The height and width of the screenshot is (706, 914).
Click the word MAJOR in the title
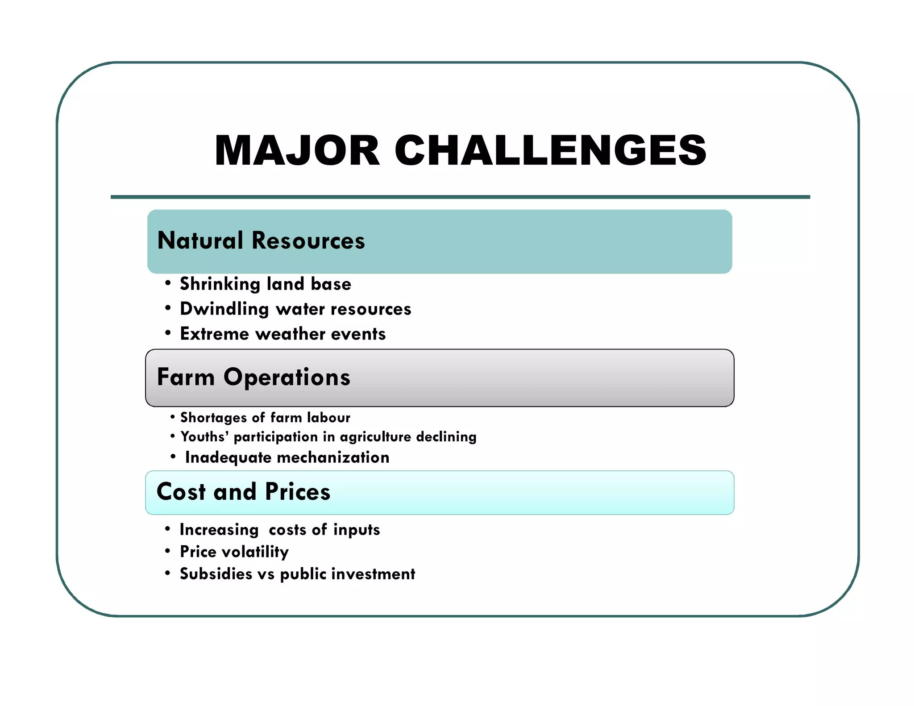click(297, 150)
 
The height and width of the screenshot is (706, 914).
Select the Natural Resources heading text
click(261, 241)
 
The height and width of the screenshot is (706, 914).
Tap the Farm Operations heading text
click(253, 377)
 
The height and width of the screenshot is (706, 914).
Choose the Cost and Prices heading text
click(243, 492)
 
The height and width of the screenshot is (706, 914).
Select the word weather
click(290, 334)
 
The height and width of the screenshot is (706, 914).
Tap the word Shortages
click(213, 418)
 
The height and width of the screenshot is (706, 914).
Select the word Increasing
click(219, 530)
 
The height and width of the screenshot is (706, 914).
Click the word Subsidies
click(216, 574)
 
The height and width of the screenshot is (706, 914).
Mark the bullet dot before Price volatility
click(167, 551)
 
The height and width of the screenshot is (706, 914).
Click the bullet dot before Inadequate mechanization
click(173, 457)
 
